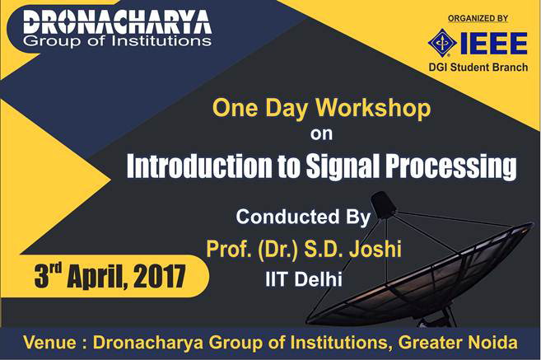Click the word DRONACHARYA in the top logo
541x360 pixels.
[117, 23]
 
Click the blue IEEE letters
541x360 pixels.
[494, 43]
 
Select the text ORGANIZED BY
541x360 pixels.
[478, 18]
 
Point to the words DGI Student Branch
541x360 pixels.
[478, 67]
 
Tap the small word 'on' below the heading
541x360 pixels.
[321, 134]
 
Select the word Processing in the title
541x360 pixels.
[451, 166]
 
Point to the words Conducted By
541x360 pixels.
[303, 217]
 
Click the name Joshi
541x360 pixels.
[375, 249]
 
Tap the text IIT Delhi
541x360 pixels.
[304, 279]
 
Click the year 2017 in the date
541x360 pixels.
[160, 276]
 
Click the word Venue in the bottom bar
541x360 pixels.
[49, 343]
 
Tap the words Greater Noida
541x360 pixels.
[458, 343]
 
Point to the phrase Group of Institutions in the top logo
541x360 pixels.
[117, 41]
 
